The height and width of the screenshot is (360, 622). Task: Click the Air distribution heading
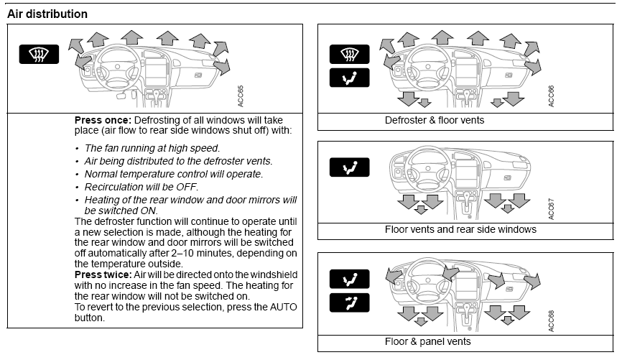[x=47, y=14]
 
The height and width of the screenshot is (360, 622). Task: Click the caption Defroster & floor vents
[x=435, y=120]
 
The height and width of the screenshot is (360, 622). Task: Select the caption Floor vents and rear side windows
[x=460, y=230]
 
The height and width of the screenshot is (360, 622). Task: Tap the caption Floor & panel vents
[x=428, y=341]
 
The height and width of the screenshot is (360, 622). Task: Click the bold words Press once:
[x=101, y=120]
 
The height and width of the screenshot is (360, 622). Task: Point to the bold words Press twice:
[x=103, y=275]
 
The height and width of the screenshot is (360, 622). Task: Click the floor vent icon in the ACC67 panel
[x=349, y=168]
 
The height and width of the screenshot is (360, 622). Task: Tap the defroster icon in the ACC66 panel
[x=349, y=54]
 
